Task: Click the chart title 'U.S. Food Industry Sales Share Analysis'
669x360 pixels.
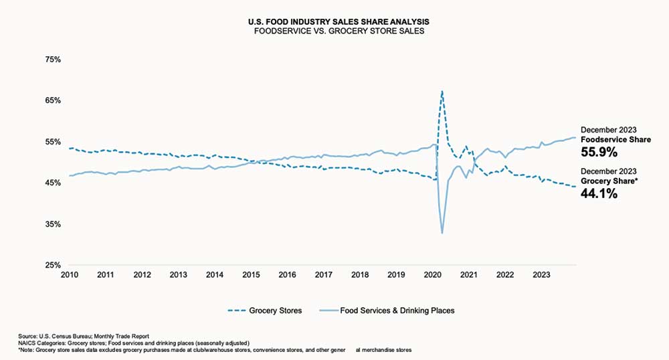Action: (334, 22)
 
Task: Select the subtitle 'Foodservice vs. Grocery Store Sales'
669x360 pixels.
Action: (334, 31)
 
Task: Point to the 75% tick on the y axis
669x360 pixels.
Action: (52, 60)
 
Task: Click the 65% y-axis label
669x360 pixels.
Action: (52, 100)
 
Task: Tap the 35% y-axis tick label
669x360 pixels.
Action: (52, 224)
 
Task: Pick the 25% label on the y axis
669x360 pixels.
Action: (52, 265)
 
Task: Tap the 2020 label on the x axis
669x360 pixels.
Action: (432, 274)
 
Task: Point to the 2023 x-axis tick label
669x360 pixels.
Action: (541, 274)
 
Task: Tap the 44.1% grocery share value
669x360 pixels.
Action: (599, 194)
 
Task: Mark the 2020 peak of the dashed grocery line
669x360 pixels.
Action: (442, 90)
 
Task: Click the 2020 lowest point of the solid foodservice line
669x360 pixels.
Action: (442, 234)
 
